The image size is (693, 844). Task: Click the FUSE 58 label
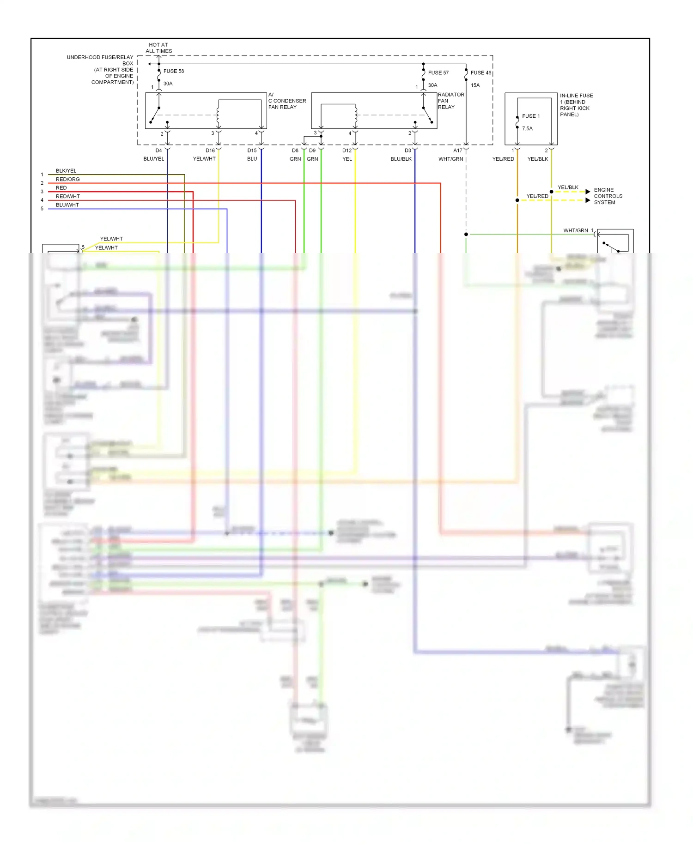pos(173,71)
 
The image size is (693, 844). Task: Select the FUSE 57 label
pos(438,72)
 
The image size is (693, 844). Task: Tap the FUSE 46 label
pos(480,72)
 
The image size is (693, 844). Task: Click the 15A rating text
pos(475,85)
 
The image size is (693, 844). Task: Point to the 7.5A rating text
pos(527,128)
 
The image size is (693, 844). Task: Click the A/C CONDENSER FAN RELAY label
pos(286,101)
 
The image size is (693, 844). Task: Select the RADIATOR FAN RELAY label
pos(450,101)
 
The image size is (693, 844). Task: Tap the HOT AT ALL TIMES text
pos(158,48)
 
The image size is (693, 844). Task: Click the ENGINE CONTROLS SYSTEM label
pos(608,196)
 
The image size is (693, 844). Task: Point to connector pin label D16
pos(210,151)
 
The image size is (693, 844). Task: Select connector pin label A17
pos(457,151)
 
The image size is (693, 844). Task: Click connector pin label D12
pos(346,151)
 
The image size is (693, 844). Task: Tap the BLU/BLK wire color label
pos(401,159)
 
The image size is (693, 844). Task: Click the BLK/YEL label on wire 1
pos(66,171)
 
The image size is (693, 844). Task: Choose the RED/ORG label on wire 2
pos(67,179)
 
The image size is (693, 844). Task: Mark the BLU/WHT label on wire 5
pos(67,205)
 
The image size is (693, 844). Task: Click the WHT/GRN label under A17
pos(450,159)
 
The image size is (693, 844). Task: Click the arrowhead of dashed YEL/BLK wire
pos(588,192)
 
